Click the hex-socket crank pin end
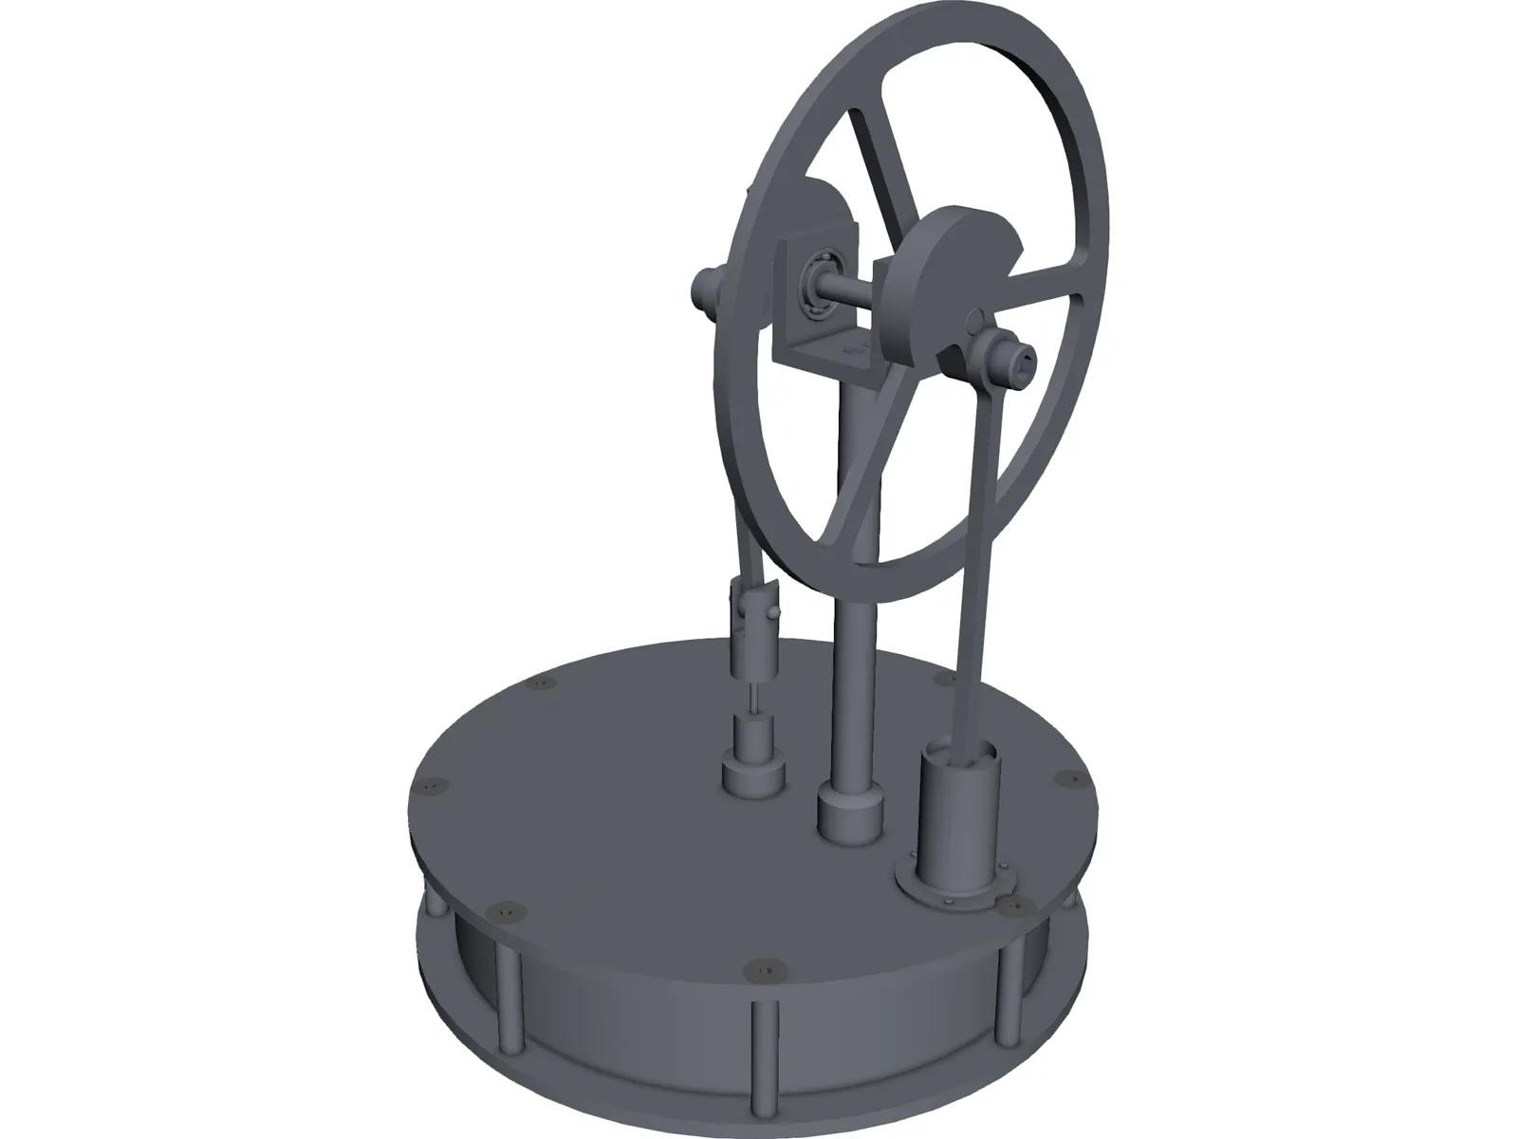(1023, 357)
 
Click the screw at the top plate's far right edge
(1064, 778)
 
